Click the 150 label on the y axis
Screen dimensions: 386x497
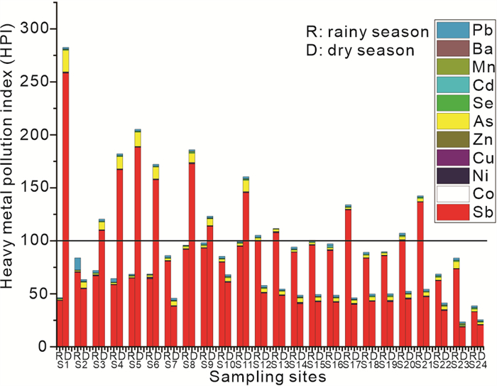pyautogui.click(x=37, y=188)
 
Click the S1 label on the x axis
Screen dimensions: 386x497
pyautogui.click(x=62, y=364)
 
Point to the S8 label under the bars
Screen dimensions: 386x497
pyautogui.click(x=188, y=364)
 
